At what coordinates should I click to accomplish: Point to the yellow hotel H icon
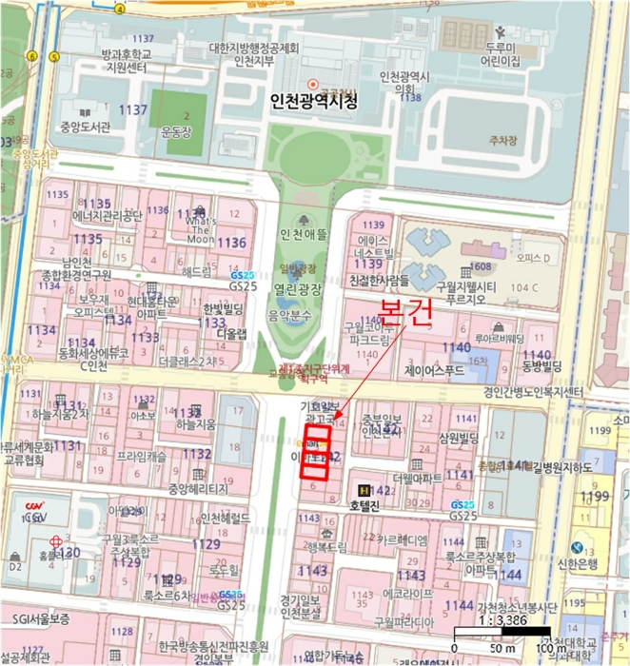pyautogui.click(x=362, y=489)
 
